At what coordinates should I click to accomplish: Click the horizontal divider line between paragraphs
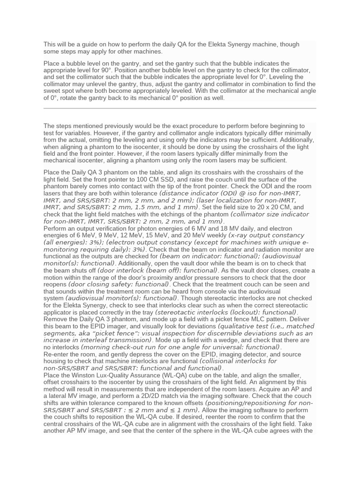pyautogui.click(x=180, y=108)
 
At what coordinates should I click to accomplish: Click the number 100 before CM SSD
pyautogui.click(x=153, y=179)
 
